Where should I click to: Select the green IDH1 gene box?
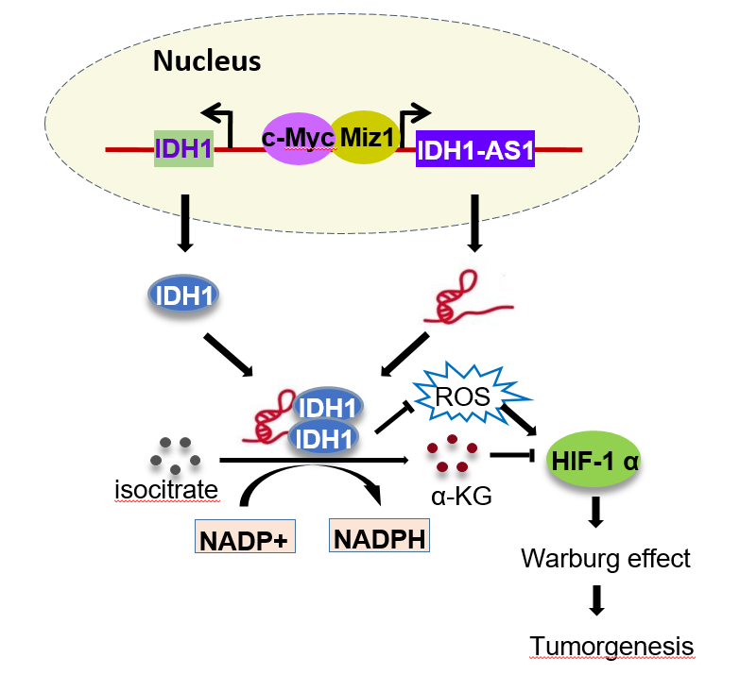[183, 148]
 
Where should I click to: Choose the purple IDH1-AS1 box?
[475, 148]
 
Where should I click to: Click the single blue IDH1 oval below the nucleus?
[183, 295]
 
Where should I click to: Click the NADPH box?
[376, 537]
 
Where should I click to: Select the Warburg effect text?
[606, 558]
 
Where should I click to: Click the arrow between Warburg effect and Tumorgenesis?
[595, 601]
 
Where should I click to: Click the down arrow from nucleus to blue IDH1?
[185, 223]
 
